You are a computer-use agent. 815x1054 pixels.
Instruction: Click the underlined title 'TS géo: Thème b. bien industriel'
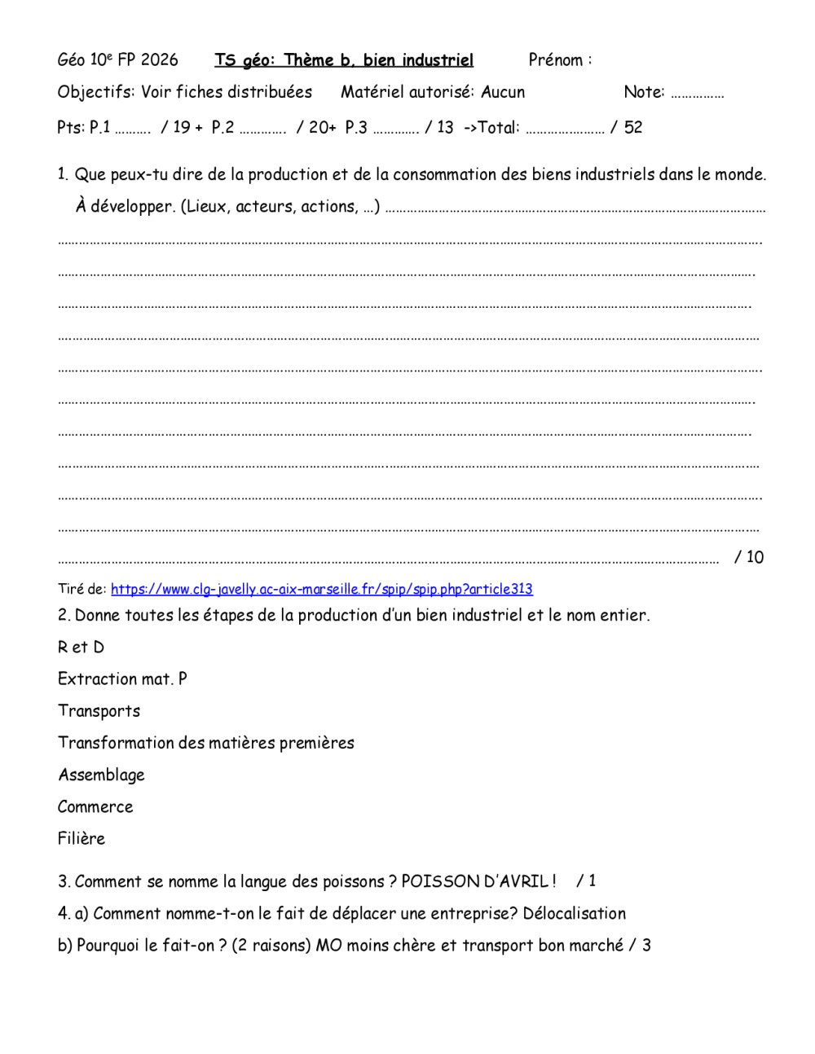[344, 60]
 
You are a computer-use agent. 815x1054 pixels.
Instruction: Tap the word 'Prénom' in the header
[556, 59]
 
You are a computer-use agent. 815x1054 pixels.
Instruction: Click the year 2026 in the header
[160, 59]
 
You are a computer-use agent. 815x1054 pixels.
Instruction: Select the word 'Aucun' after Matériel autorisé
[503, 92]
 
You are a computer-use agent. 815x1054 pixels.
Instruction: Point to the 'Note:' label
[644, 92]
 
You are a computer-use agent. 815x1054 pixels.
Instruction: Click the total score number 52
[633, 127]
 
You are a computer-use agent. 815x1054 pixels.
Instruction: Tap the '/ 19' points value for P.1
[175, 127]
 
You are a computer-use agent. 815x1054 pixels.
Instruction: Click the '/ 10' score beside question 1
[749, 557]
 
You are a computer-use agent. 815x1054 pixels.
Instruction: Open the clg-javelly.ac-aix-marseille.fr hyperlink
[322, 589]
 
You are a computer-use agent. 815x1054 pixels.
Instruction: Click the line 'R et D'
[81, 648]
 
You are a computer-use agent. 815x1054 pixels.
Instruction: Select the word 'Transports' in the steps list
[99, 711]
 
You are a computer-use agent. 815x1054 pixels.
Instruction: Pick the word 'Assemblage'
[101, 775]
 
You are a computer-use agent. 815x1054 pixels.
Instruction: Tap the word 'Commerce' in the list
[95, 806]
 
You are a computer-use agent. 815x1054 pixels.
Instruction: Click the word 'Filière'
[81, 838]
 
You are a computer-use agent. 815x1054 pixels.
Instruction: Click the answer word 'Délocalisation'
[575, 913]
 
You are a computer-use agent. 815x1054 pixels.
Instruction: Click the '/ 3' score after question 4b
[641, 946]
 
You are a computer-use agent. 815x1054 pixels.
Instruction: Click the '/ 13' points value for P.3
[439, 127]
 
